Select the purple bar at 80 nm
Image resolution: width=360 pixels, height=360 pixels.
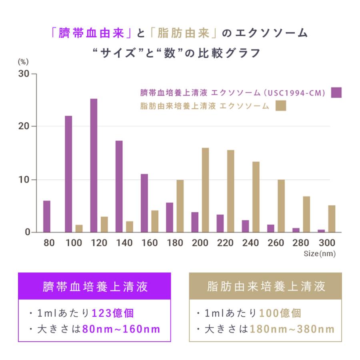[x=47, y=216]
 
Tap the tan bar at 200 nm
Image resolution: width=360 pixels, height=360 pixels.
[x=205, y=190]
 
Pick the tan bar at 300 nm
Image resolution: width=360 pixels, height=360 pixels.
[x=332, y=218]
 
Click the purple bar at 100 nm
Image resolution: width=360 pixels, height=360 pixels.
[x=68, y=174]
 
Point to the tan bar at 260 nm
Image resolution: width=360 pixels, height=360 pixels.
[x=281, y=206]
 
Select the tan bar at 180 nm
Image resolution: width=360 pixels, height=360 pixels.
[x=180, y=206]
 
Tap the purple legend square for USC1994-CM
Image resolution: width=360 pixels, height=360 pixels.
[x=336, y=93]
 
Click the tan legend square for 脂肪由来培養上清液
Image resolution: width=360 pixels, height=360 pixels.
[x=281, y=106]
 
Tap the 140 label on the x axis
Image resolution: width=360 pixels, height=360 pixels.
[x=124, y=243]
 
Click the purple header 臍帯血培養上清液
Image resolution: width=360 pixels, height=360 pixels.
[x=94, y=286]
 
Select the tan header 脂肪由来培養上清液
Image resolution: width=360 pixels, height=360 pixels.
[x=266, y=286]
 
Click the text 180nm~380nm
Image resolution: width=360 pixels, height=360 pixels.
[x=292, y=330]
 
